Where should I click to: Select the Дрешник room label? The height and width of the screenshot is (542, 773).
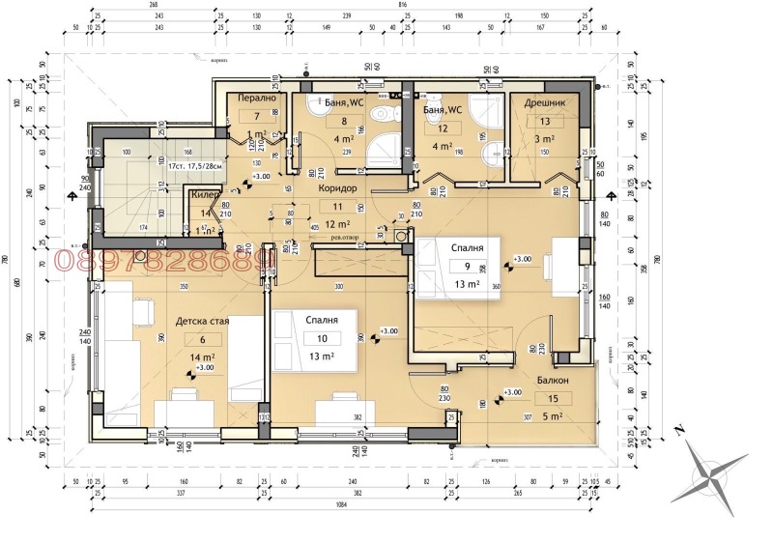tap(544, 102)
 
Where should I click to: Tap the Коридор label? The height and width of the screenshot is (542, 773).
tap(337, 189)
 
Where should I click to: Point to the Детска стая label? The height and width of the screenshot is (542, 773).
tap(203, 322)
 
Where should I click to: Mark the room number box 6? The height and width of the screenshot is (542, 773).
tap(203, 339)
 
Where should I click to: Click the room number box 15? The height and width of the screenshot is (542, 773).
tap(554, 398)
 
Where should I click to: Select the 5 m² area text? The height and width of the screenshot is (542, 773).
tap(554, 416)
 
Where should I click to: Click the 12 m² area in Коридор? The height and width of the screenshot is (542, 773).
tap(336, 224)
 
